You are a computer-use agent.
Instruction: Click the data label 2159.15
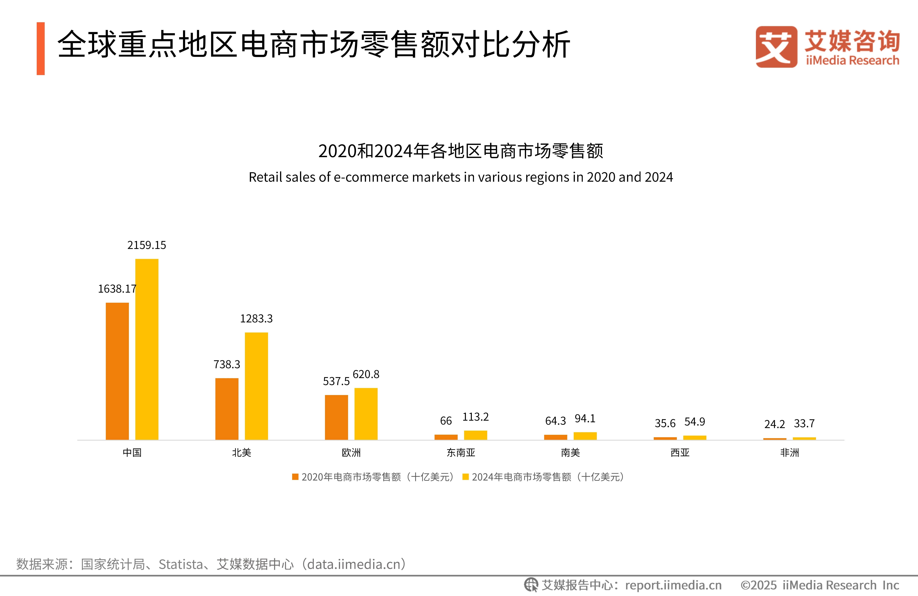[x=147, y=245]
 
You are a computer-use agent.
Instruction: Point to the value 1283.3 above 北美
[x=256, y=319]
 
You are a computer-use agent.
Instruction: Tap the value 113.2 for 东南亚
[x=475, y=417]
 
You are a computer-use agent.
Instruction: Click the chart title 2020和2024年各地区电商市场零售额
[x=460, y=151]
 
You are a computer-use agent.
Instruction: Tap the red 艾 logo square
[x=776, y=47]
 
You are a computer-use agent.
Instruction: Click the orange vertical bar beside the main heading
[x=40, y=49]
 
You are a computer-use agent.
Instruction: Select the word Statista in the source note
[x=181, y=564]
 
